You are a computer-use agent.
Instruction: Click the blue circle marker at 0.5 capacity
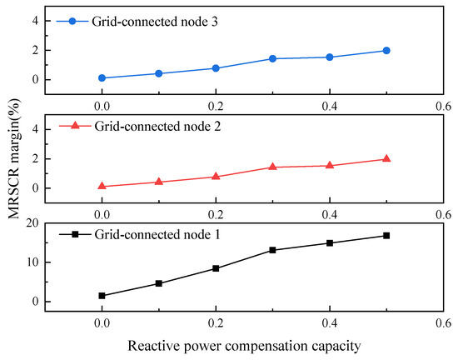tap(386, 51)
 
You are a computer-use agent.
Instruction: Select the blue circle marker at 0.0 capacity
tap(102, 78)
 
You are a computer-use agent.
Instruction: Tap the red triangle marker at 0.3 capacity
tap(272, 167)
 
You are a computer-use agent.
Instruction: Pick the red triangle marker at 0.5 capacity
tap(386, 158)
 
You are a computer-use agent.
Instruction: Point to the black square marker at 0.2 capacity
tap(216, 268)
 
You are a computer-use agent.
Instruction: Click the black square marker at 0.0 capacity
tap(102, 296)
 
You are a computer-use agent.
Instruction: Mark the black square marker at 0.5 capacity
tap(386, 236)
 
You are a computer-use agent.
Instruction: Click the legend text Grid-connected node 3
tap(155, 22)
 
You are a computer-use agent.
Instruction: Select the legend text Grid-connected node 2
tap(157, 126)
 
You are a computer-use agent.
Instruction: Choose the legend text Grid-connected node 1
tap(157, 234)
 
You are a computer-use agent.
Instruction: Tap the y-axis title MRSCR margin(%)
tap(13, 158)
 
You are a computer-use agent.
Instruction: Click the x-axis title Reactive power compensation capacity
tap(244, 346)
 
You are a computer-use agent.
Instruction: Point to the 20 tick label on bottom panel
tap(32, 223)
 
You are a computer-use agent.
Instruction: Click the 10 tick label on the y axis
tap(32, 262)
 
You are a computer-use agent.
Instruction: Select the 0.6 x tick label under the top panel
tap(443, 107)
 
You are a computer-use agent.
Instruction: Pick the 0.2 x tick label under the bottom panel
tap(216, 323)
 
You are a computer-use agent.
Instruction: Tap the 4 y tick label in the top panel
tap(36, 21)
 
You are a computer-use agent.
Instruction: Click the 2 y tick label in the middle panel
tap(36, 159)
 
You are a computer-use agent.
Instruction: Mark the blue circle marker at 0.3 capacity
tap(272, 58)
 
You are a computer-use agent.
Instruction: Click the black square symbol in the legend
tap(75, 234)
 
